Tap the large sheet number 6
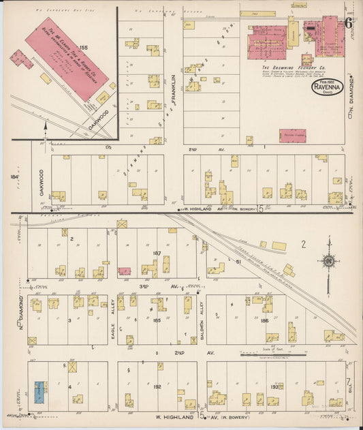[x=348, y=22]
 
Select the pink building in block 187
[x=125, y=271]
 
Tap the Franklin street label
[x=174, y=89]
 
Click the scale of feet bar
[x=268, y=354]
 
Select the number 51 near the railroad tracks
[x=239, y=260]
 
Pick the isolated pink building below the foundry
[x=292, y=135]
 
